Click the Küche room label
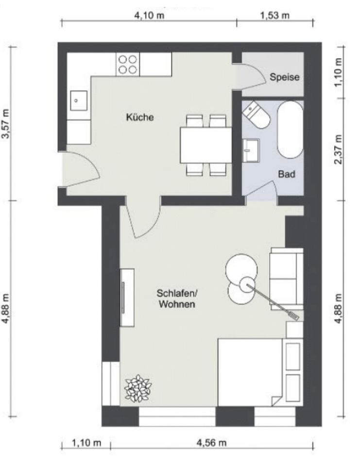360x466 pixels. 140,117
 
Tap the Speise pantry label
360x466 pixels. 285,77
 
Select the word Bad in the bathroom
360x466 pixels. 287,173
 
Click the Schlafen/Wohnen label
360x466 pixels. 176,299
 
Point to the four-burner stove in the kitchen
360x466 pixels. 128,64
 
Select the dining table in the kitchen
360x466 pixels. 206,145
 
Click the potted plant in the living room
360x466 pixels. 137,388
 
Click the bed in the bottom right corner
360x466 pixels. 250,372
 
